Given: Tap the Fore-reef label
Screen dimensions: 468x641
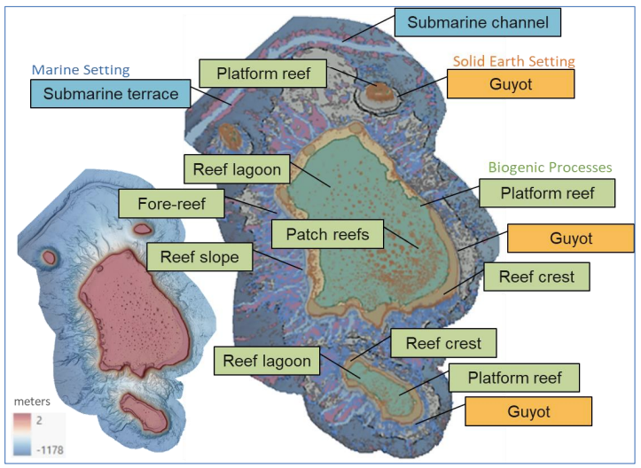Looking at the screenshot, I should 172,205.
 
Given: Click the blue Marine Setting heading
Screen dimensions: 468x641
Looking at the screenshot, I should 81,69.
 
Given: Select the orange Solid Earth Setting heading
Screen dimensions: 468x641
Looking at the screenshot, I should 514,61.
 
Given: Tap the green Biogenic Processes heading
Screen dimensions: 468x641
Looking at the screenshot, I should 550,167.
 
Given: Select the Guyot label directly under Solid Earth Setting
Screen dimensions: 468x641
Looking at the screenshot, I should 510,84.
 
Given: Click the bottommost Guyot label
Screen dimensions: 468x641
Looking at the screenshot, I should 528,412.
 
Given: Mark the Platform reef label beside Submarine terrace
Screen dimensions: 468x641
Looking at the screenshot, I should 263,74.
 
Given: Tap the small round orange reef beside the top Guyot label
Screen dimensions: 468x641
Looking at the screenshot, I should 385,90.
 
